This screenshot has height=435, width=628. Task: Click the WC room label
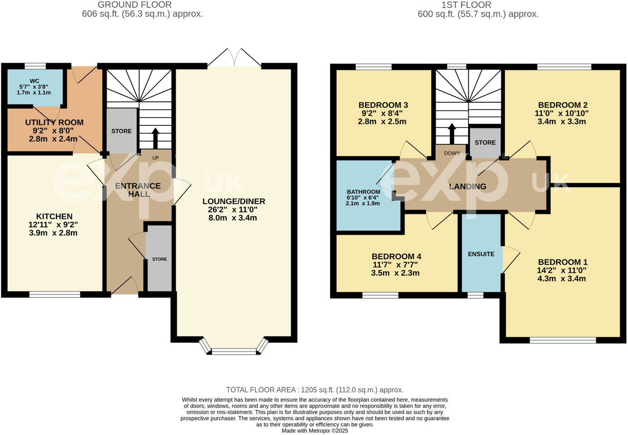click(35, 81)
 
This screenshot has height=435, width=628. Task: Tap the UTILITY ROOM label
click(54, 123)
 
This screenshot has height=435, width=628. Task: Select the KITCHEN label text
click(54, 217)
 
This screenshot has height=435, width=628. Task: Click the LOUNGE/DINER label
click(233, 201)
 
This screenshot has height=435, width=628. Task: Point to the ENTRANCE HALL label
click(138, 190)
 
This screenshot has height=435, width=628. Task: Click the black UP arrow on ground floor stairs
click(155, 138)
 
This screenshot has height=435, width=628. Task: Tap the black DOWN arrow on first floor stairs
click(452, 133)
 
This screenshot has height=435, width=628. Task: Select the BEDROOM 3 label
click(383, 105)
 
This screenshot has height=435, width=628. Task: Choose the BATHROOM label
click(363, 192)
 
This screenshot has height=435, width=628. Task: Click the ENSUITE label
click(481, 254)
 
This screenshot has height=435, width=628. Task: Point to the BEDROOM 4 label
click(396, 257)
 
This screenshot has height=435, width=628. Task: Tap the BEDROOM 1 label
click(562, 262)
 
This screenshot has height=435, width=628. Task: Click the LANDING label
click(467, 187)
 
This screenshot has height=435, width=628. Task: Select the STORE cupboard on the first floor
click(485, 143)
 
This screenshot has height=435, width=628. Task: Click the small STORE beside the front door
click(159, 259)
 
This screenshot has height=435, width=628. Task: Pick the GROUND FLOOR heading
click(134, 5)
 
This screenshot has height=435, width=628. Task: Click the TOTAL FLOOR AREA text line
click(314, 390)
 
